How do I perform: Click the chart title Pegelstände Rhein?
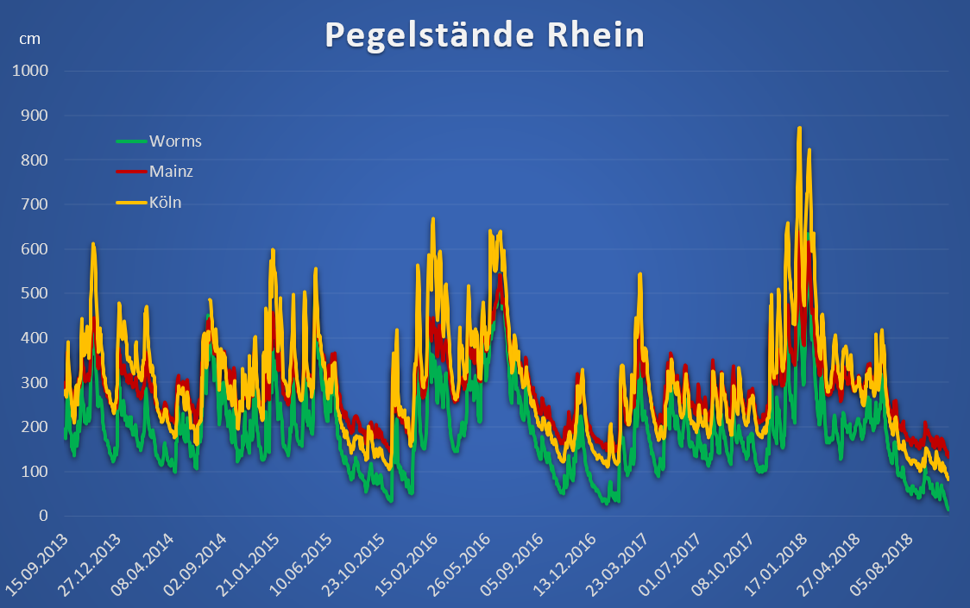tap(484, 35)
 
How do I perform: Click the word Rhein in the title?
tap(596, 35)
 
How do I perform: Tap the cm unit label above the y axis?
tap(30, 39)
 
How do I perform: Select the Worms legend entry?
tap(175, 141)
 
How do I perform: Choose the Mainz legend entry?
tap(171, 172)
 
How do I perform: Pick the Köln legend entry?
tap(165, 203)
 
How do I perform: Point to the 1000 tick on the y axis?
tap(29, 71)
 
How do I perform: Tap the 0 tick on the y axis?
tap(41, 516)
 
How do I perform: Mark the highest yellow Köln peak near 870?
tap(799, 128)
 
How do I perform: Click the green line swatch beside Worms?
tap(131, 141)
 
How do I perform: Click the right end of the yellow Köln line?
tap(948, 479)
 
